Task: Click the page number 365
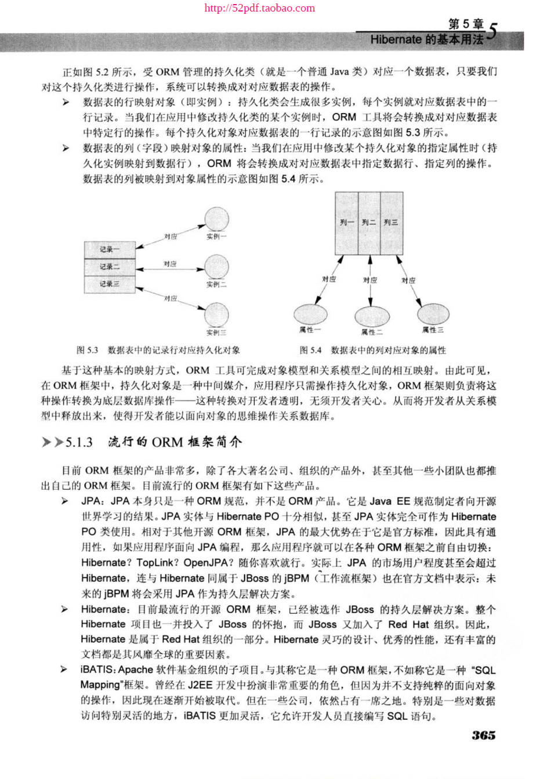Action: pos(483,735)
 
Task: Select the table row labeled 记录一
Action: pos(110,250)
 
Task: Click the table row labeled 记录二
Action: pos(110,267)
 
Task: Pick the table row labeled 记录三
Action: pos(110,284)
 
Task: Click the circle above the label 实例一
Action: pos(216,219)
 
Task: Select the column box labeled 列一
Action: pos(347,223)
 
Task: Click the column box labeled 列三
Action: pos(391,223)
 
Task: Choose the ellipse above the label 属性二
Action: pos(371,316)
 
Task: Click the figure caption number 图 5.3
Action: pos(88,350)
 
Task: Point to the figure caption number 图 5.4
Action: pos(311,350)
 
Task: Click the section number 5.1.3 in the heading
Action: pos(79,442)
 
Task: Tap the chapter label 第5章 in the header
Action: pos(466,24)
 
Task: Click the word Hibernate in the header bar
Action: pos(396,40)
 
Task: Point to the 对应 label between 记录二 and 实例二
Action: pos(170,264)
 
